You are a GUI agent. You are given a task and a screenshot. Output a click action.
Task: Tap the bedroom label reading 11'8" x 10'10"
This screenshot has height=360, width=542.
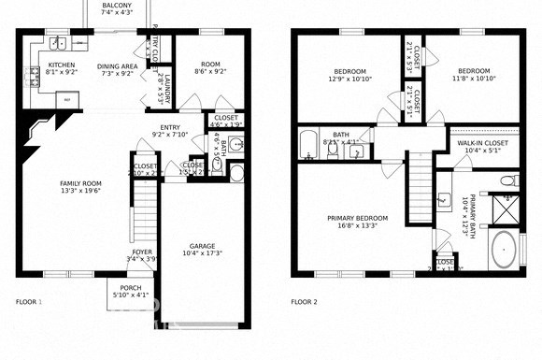[x=473, y=76]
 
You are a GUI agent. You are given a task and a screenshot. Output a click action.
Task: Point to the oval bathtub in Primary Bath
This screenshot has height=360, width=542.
[x=504, y=251]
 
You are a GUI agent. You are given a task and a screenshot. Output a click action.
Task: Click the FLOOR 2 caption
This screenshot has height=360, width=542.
[x=304, y=302]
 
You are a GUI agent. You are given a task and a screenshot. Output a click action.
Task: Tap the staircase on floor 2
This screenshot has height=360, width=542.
[x=421, y=177]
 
